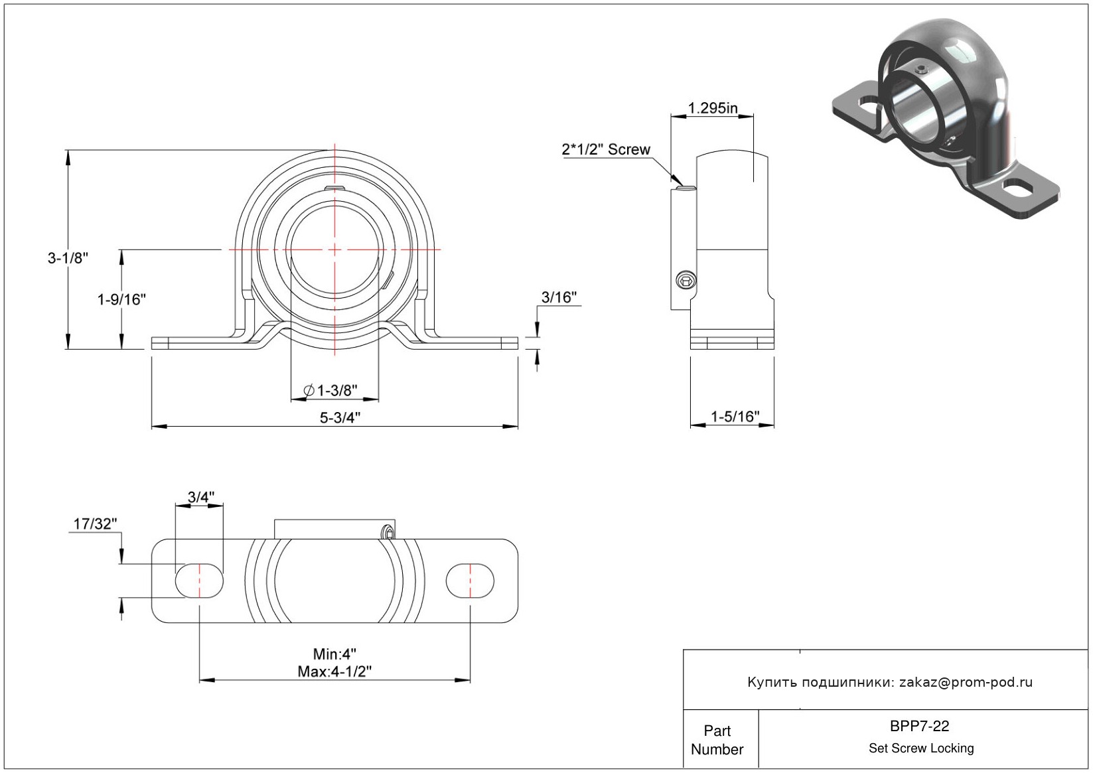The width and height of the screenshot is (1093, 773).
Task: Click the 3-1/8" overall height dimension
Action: click(68, 257)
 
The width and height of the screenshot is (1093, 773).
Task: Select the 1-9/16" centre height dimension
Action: click(121, 299)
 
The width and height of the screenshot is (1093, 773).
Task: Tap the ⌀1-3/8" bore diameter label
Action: click(330, 390)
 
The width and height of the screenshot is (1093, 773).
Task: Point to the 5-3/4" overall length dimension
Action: click(340, 418)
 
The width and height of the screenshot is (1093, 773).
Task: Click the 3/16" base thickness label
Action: click(559, 297)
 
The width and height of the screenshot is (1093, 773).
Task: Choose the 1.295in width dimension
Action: click(712, 108)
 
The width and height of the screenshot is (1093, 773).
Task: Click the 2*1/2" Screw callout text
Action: click(606, 149)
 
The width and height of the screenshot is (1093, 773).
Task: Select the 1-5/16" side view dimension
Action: click(735, 417)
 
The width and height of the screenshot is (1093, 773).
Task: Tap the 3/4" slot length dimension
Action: click(201, 497)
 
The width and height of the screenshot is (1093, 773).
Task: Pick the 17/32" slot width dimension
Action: click(95, 524)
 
